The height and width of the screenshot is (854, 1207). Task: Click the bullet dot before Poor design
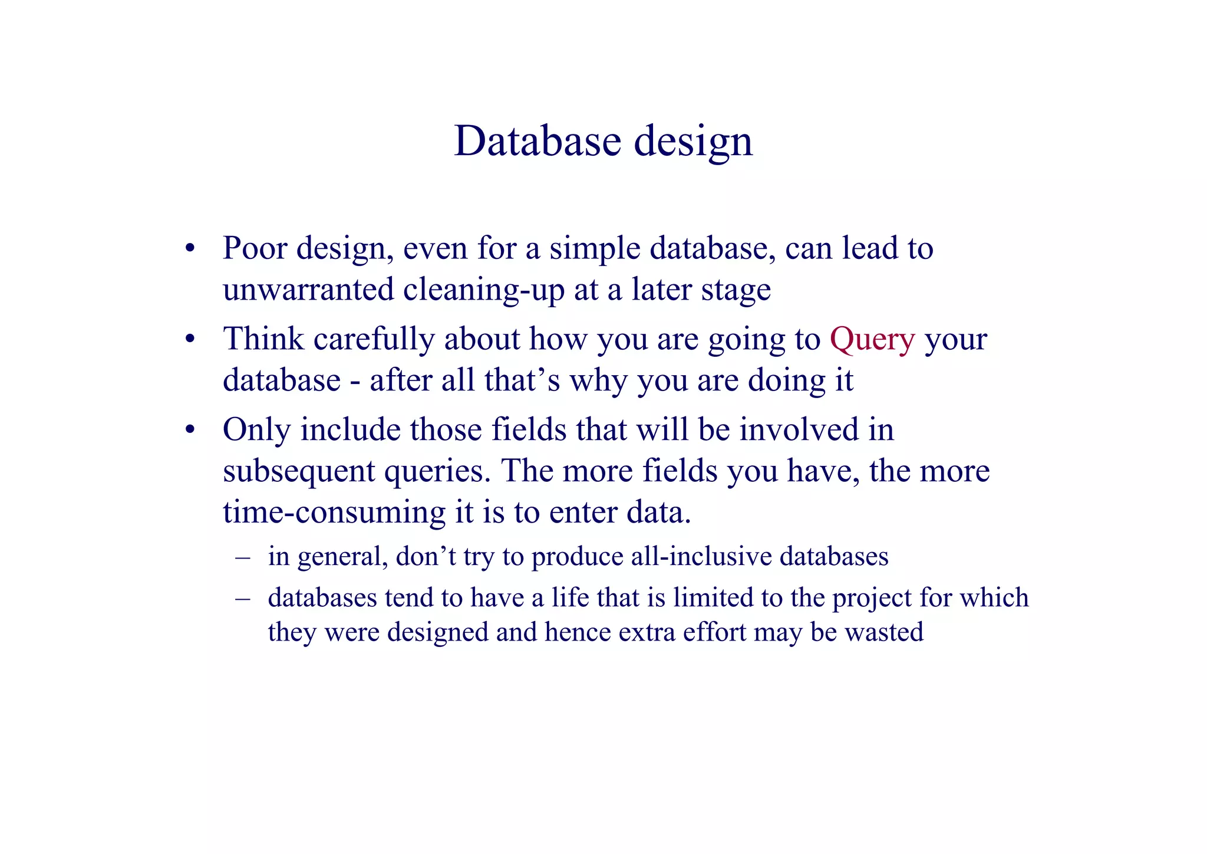coord(189,249)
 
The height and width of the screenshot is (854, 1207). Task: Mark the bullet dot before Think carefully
coord(189,340)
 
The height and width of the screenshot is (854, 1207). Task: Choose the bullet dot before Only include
coord(189,430)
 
